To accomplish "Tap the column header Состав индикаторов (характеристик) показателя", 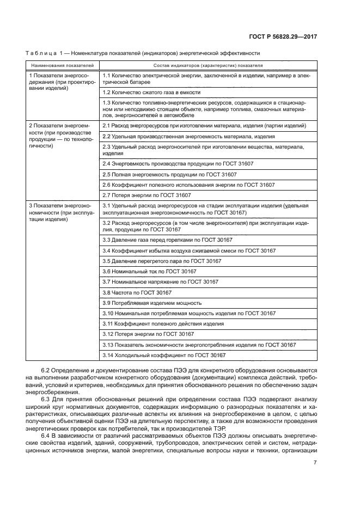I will pos(208,65).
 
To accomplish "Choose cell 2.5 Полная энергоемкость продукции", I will pos(169,174).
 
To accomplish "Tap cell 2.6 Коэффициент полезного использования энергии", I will pos(188,185).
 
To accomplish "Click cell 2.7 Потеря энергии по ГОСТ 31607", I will pos(154,195).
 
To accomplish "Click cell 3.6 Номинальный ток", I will pos(149,271).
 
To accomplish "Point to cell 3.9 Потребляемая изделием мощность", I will pos(152,303).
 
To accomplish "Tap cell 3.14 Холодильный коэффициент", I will pos(164,355).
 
